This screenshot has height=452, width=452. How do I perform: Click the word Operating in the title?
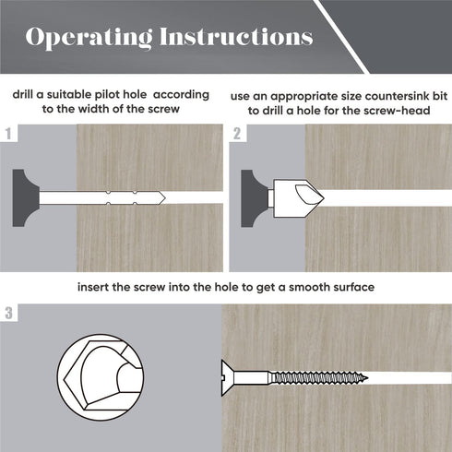(x=89, y=38)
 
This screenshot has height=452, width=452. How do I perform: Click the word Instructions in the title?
(x=236, y=37)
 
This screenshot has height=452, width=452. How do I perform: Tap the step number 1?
(x=8, y=134)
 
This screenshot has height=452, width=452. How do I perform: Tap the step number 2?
(x=237, y=134)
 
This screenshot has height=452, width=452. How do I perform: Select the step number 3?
(x=8, y=313)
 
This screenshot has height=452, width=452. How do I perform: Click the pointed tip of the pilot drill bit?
(x=165, y=197)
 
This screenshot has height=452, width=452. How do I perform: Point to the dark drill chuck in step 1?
(x=26, y=198)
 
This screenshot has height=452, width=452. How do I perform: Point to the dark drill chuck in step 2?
(x=255, y=198)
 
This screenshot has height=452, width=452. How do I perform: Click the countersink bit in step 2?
(x=296, y=198)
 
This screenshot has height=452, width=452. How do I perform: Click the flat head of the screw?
(x=227, y=378)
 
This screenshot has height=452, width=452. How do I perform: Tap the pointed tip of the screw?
(x=367, y=378)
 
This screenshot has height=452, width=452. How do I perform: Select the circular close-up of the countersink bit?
(x=101, y=377)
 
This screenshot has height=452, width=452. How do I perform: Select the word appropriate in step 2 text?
(x=312, y=97)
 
